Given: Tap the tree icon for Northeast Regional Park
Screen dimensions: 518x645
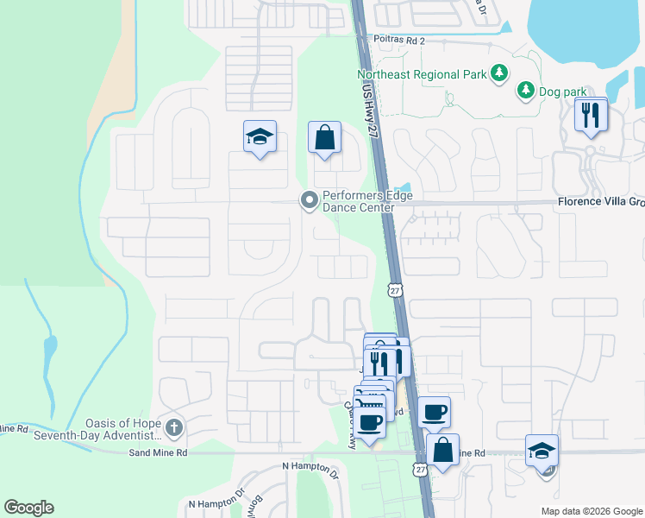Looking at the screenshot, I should tap(499, 73).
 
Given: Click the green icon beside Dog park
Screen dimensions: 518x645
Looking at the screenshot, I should tap(525, 90).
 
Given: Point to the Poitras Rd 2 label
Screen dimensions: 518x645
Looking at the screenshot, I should tap(399, 39).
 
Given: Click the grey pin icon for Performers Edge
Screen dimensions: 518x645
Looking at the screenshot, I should tap(309, 201).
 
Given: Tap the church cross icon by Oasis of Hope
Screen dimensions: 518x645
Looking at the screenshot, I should tap(174, 427).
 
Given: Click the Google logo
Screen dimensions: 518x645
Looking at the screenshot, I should tap(28, 508).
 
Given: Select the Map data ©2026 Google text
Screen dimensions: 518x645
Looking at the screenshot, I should tap(591, 511).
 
